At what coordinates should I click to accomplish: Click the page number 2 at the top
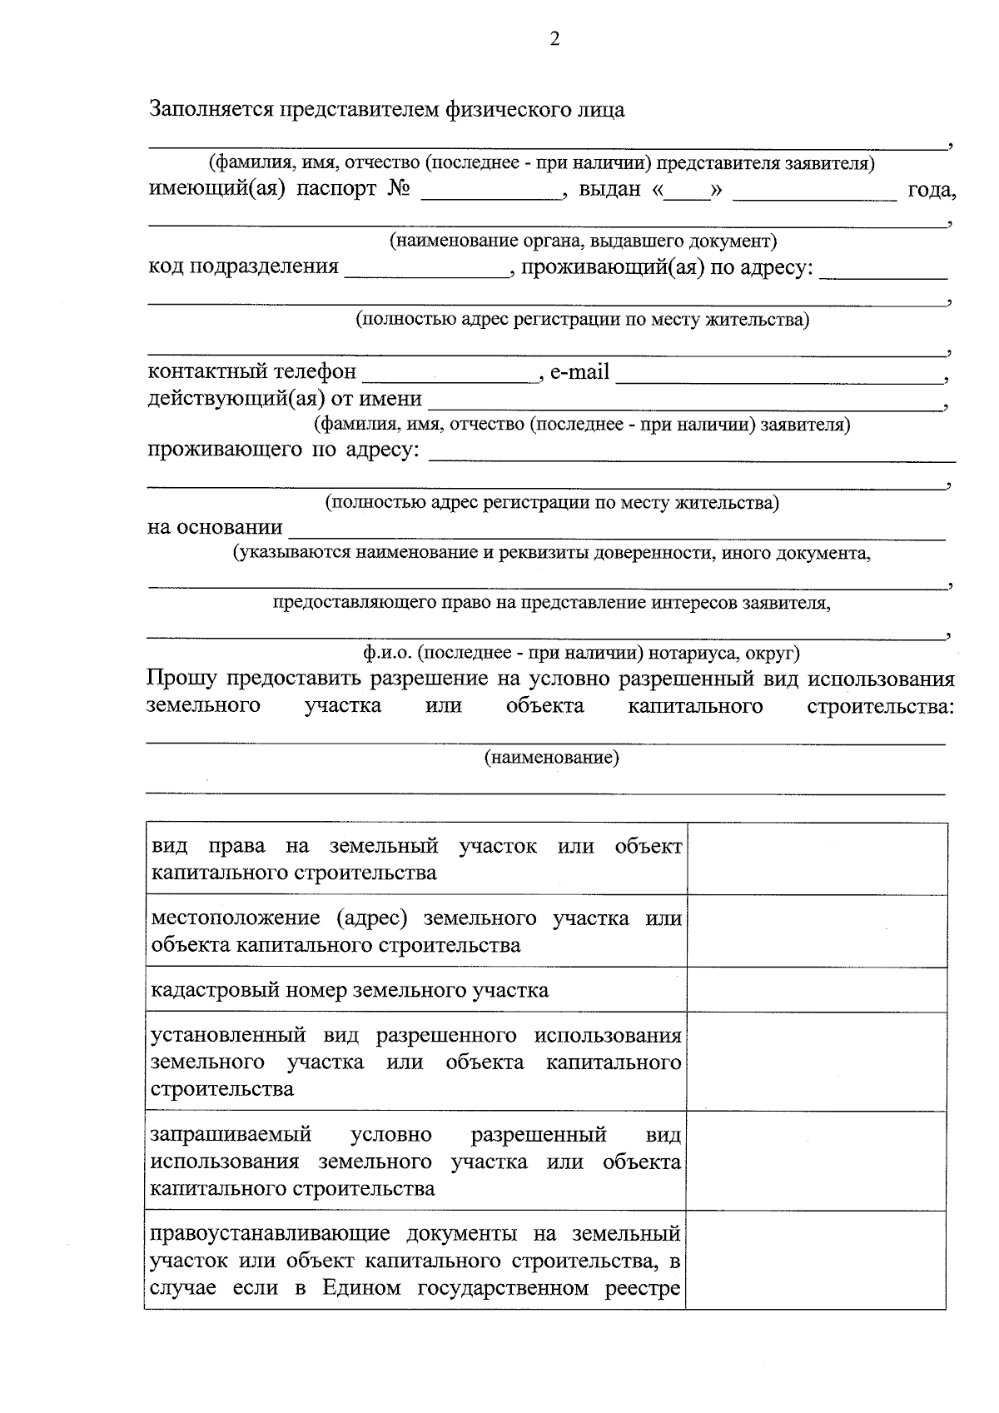click(x=555, y=39)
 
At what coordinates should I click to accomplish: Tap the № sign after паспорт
click(x=399, y=190)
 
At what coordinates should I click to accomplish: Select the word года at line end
click(x=931, y=191)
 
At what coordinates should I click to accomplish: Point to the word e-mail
click(x=579, y=372)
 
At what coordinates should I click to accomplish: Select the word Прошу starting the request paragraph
click(x=181, y=679)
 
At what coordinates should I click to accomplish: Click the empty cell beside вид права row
click(x=816, y=859)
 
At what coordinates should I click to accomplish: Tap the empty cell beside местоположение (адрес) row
click(x=816, y=932)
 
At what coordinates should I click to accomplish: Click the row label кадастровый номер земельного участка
click(x=350, y=991)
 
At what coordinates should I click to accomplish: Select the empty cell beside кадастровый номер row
click(x=816, y=990)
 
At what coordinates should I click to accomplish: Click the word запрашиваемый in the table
click(x=231, y=1135)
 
